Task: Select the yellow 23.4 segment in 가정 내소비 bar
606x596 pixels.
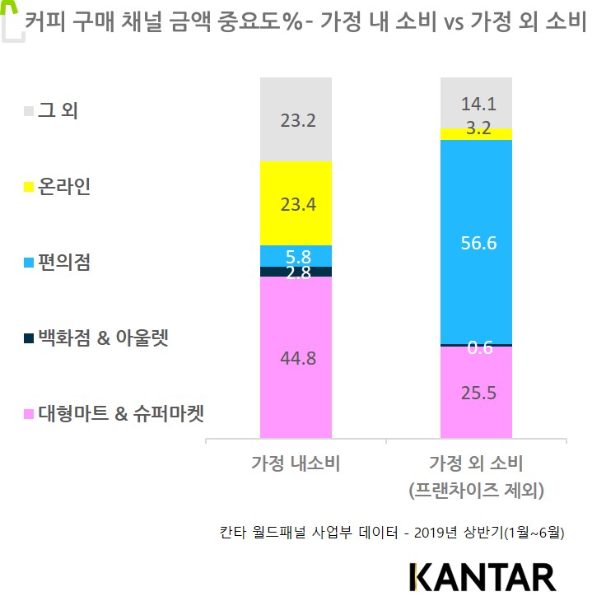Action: point(296,203)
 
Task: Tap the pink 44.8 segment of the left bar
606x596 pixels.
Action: point(296,357)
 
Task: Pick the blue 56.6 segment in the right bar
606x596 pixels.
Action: point(476,242)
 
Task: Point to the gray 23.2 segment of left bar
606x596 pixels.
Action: point(296,119)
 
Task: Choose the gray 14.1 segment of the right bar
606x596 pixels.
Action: point(476,103)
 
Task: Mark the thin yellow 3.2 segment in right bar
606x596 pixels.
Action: point(476,133)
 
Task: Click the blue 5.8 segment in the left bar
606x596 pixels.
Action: point(296,255)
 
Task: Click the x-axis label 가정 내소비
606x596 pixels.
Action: point(296,463)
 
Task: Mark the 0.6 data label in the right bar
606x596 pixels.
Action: point(480,348)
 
